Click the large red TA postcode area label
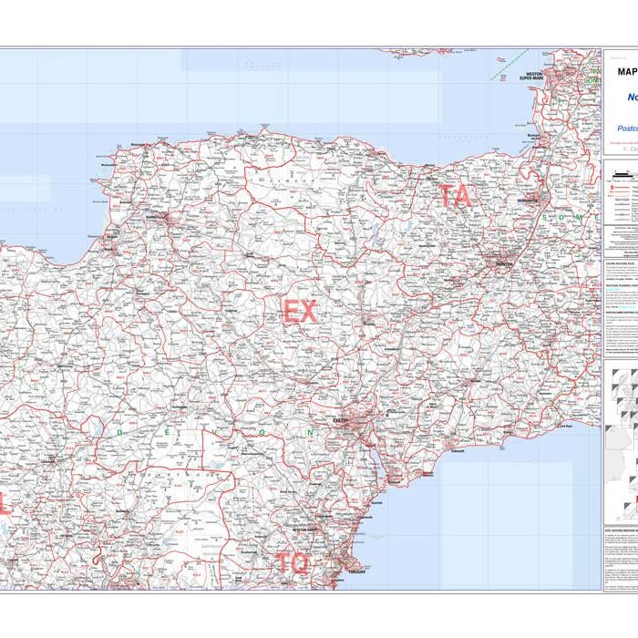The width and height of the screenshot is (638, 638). click(x=456, y=196)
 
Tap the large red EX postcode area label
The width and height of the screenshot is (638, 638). click(x=300, y=312)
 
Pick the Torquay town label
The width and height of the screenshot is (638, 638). click(x=356, y=573)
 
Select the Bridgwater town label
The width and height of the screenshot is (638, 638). click(x=526, y=200)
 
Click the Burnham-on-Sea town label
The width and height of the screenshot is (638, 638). click(x=536, y=139)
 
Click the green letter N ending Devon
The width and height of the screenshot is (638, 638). click(x=311, y=432)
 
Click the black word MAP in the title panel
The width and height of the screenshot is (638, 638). click(x=626, y=71)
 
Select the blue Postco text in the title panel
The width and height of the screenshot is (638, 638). click(x=628, y=129)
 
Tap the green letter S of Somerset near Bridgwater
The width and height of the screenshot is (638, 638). click(x=544, y=218)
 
